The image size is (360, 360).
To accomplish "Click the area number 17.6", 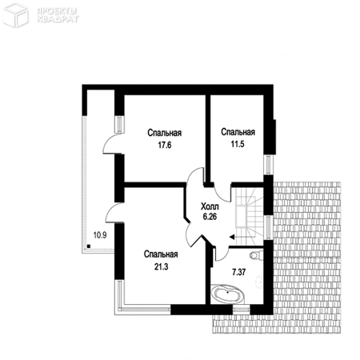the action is [165, 146].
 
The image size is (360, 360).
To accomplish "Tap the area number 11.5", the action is [238, 144].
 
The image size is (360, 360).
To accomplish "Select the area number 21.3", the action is [162, 266].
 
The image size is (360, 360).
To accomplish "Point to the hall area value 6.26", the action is [210, 217].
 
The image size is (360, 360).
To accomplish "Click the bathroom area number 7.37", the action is [239, 272].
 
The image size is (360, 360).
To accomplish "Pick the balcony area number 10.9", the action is [100, 235].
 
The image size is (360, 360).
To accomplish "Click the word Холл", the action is [210, 206].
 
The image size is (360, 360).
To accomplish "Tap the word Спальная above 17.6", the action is [165, 133].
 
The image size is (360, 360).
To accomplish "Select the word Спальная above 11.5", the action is [238, 132].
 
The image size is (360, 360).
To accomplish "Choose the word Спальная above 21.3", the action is [161, 254].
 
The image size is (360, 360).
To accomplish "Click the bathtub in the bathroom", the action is [227, 294].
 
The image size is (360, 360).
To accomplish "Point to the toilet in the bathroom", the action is [255, 255].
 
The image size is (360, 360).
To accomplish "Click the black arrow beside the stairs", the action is [232, 237].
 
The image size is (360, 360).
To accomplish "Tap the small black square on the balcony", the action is [89, 246].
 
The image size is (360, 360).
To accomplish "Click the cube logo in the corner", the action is [15, 14].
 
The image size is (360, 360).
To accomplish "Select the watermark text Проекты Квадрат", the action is [58, 15].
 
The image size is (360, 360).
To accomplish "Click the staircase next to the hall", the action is [250, 214].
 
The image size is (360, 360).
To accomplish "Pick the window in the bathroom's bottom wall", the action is [241, 310].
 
